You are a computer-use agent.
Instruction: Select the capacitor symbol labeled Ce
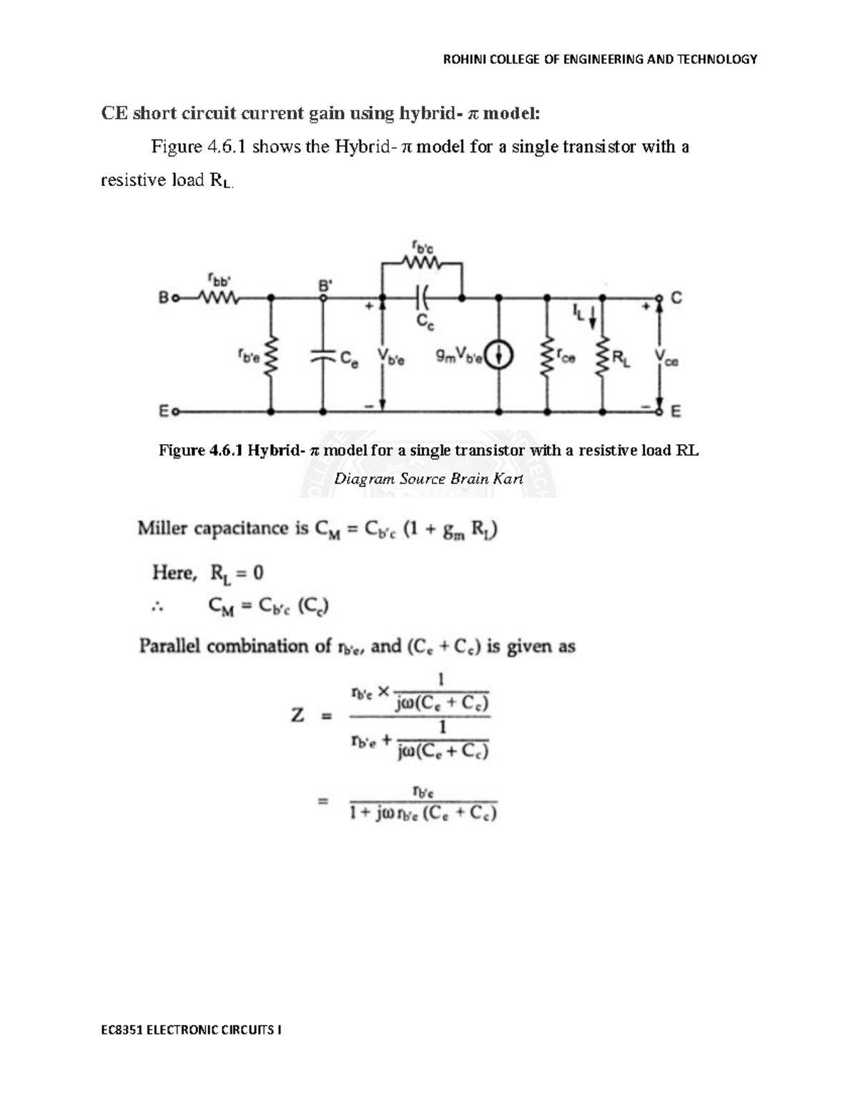pos(323,355)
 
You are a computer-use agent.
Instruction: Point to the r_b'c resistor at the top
pos(422,263)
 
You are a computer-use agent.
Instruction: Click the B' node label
pos(325,284)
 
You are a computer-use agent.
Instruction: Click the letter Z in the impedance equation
pos(297,715)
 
